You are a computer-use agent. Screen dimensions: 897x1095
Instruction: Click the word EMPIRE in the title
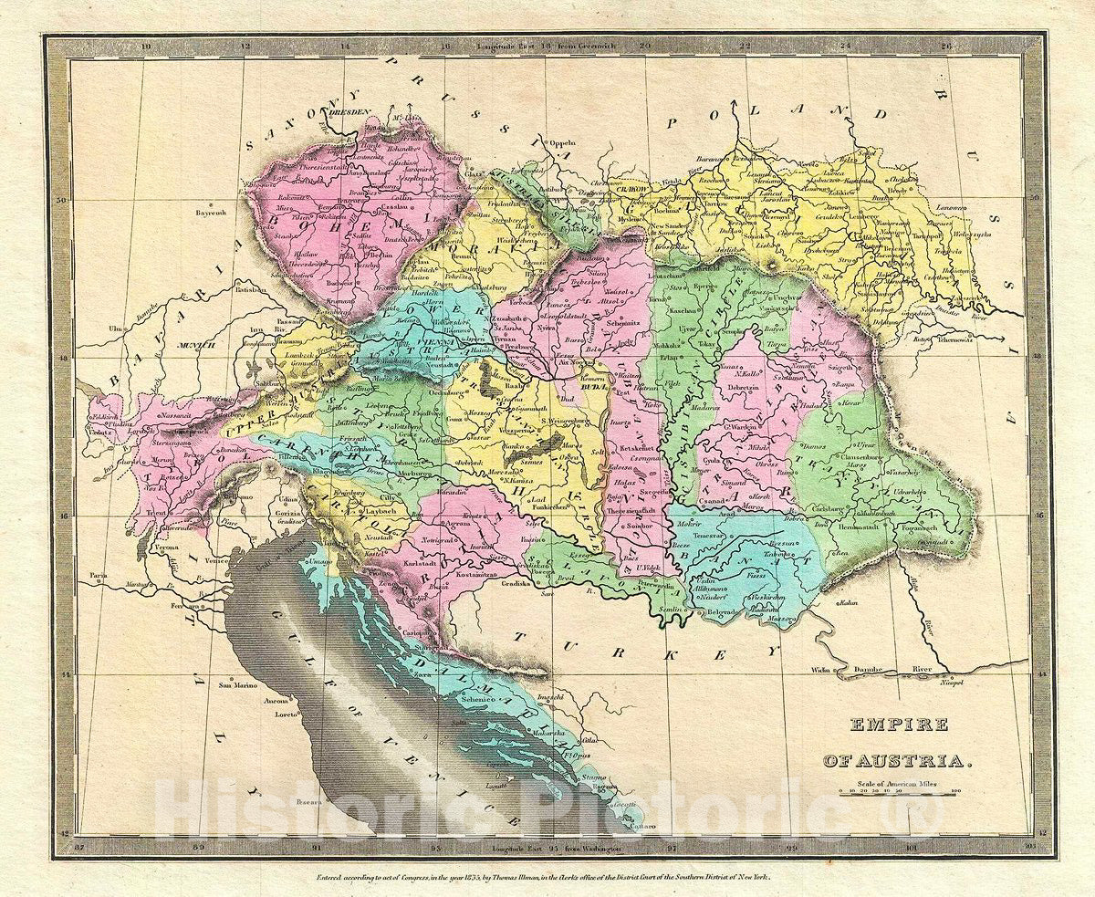pyautogui.click(x=888, y=725)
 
